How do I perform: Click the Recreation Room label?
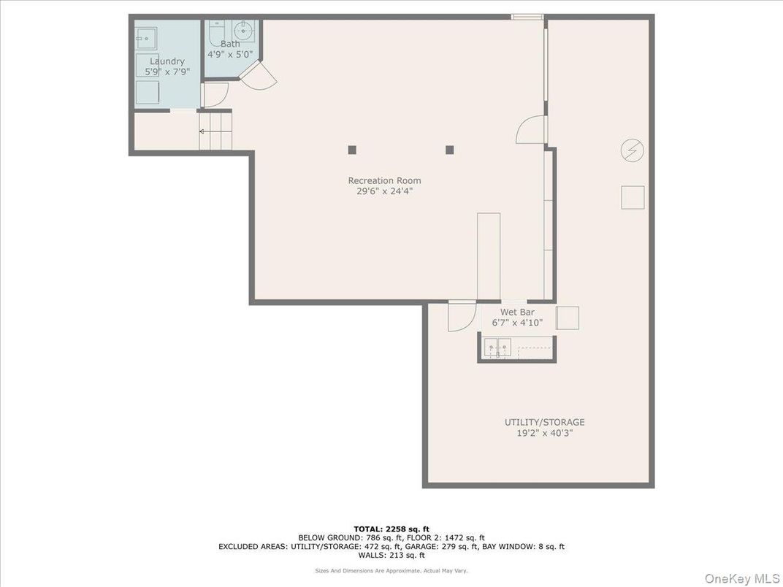tap(384, 180)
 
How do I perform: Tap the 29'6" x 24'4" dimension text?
tap(384, 191)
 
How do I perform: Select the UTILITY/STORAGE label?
tap(544, 422)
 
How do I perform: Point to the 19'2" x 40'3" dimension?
tap(544, 433)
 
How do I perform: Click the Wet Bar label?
tap(517, 312)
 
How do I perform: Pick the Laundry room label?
tap(167, 61)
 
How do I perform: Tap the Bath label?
tap(230, 44)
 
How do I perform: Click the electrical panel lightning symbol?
tap(632, 151)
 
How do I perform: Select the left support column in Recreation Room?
tap(352, 150)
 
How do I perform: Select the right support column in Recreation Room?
tap(450, 150)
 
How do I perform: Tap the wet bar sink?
tap(499, 348)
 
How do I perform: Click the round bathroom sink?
tap(243, 31)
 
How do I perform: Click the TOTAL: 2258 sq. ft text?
tap(391, 529)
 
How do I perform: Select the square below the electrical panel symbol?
tap(633, 197)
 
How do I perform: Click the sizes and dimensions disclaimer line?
tap(391, 570)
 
